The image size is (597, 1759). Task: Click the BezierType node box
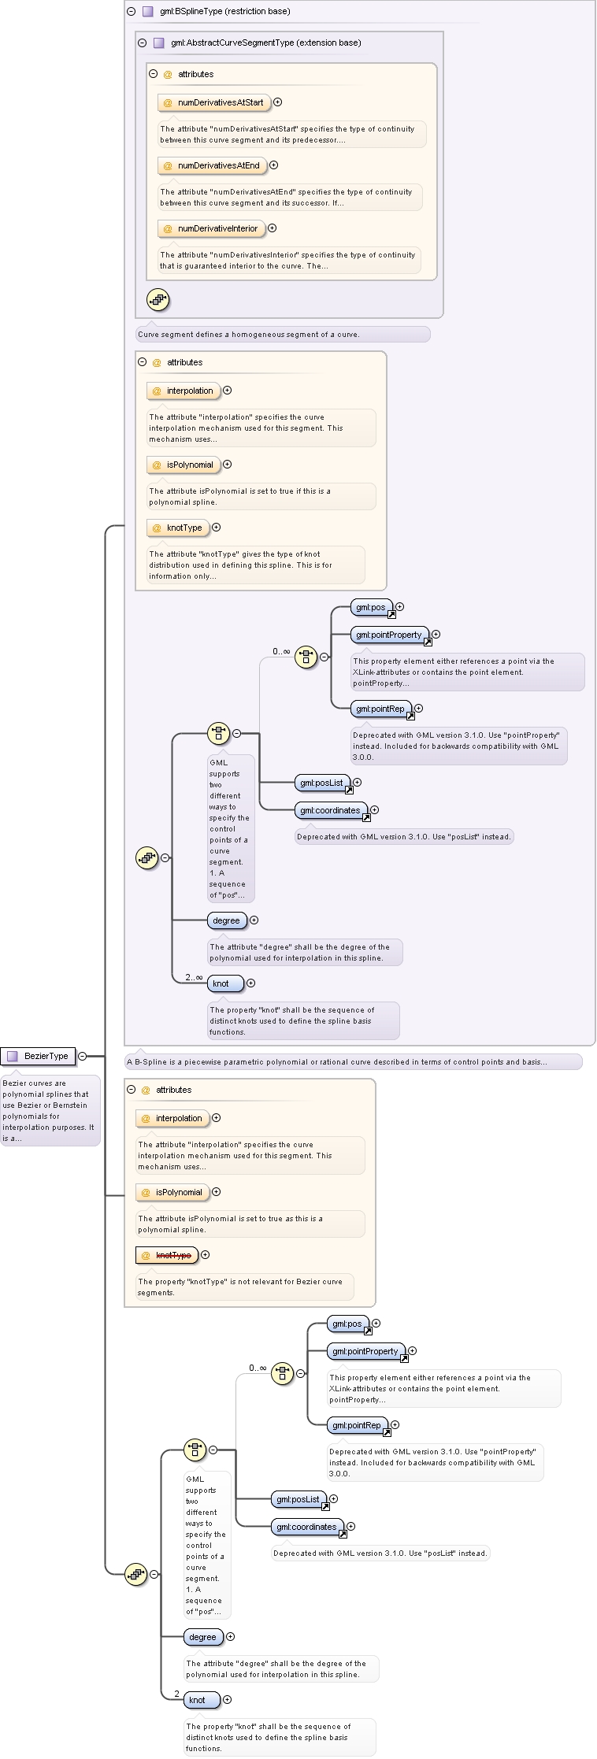38,1056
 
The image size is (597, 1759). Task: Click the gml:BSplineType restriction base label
213,12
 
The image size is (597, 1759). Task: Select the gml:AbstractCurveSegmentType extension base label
265,43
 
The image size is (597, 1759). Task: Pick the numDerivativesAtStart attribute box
214,102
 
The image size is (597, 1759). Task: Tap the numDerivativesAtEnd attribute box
212,165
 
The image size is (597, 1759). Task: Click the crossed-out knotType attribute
167,1255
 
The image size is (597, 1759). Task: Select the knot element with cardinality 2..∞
225,983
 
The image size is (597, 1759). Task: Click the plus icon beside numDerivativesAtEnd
274,165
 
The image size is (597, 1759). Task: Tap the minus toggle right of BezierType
82,1056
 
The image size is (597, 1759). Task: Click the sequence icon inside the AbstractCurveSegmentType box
158,299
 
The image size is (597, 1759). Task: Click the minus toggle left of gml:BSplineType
132,12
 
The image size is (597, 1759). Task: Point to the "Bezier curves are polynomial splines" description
50,1110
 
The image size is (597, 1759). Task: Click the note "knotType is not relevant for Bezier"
245,1287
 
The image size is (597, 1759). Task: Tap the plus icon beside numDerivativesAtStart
277,102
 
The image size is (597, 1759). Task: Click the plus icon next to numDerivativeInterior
273,228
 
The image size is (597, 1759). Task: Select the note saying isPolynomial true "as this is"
250,1224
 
